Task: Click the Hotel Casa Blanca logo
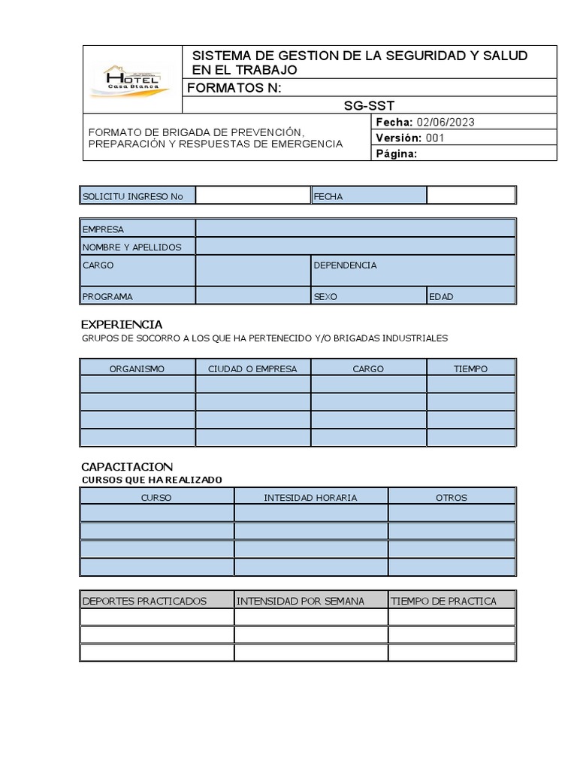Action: point(132,80)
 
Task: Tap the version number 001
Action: point(436,138)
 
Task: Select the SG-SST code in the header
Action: point(369,105)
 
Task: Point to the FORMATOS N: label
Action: point(234,88)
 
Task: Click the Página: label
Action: point(396,153)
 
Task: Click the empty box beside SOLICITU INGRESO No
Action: point(252,196)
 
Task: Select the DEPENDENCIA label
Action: point(345,265)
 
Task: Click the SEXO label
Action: point(325,296)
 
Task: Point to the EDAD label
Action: point(441,296)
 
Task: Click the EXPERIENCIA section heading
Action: point(122,325)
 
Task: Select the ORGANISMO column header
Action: point(137,368)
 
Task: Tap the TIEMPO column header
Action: point(471,368)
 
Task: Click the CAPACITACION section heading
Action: point(127,467)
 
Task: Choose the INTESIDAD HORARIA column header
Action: point(310,497)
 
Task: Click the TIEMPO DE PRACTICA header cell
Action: point(444,601)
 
